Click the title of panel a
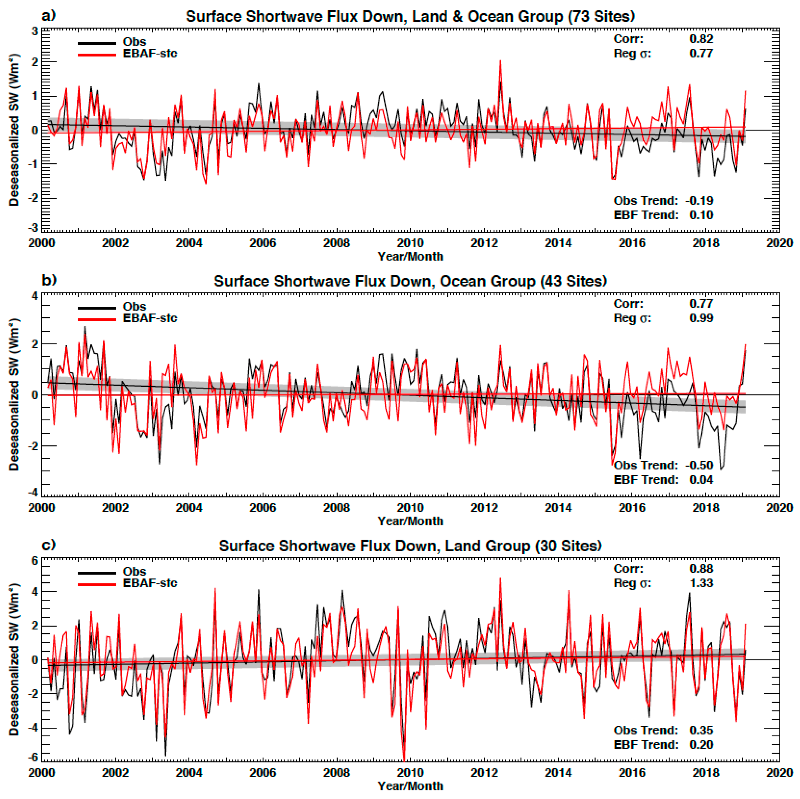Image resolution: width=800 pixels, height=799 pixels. coord(410,17)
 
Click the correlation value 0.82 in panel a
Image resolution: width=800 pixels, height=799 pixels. coord(701,39)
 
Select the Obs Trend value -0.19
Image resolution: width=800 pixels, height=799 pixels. coord(699,201)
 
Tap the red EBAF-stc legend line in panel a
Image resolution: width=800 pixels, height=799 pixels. coord(97,55)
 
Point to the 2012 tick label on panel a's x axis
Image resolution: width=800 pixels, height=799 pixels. coord(484,243)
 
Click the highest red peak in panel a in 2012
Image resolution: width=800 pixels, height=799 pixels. coord(500,61)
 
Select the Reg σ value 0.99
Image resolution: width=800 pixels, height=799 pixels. coord(701,318)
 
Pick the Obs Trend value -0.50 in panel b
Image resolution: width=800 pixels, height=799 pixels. coord(699,465)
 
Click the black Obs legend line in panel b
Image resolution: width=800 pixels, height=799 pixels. coord(97,308)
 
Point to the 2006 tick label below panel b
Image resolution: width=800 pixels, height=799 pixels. coord(263,508)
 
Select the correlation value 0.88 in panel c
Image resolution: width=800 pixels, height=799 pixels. coord(701,569)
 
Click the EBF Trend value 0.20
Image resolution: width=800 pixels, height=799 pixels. coord(701,744)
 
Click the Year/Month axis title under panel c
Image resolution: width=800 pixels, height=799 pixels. coord(410,786)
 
